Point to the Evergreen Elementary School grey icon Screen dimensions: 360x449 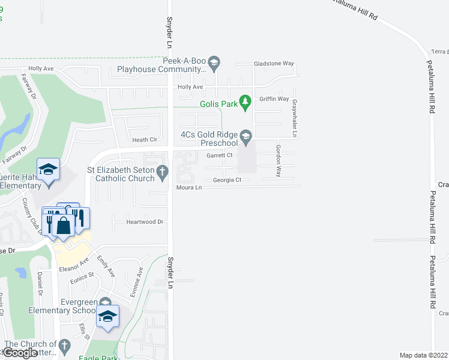(x=106, y=302)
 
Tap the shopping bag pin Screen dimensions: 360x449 (x=63, y=226)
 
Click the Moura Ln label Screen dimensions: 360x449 (x=189, y=188)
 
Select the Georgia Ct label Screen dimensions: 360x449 (x=227, y=180)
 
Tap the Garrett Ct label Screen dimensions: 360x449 (x=219, y=155)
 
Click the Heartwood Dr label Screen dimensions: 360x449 (x=145, y=222)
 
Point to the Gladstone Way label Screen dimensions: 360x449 (x=274, y=63)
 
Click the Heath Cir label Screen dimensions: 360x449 (x=145, y=140)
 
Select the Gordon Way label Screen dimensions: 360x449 (x=278, y=161)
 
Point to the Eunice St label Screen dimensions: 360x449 (x=82, y=277)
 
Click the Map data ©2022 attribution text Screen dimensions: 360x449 (x=424, y=355)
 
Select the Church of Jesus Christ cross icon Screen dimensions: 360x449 (x=65, y=346)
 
